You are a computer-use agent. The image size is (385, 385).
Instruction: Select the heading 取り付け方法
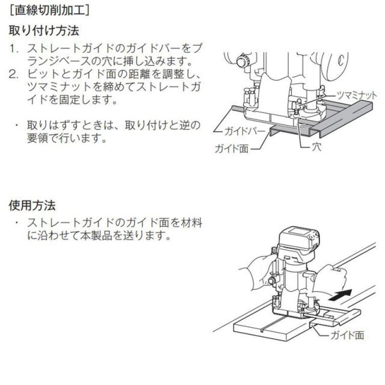43,30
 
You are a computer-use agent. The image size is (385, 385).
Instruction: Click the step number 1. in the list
14,48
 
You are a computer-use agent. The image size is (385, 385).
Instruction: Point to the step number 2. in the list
14,75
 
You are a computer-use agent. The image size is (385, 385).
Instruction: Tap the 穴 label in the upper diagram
317,146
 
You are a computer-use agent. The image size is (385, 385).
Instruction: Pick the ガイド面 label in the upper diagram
232,147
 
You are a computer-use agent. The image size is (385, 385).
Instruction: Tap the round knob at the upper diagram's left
241,61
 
